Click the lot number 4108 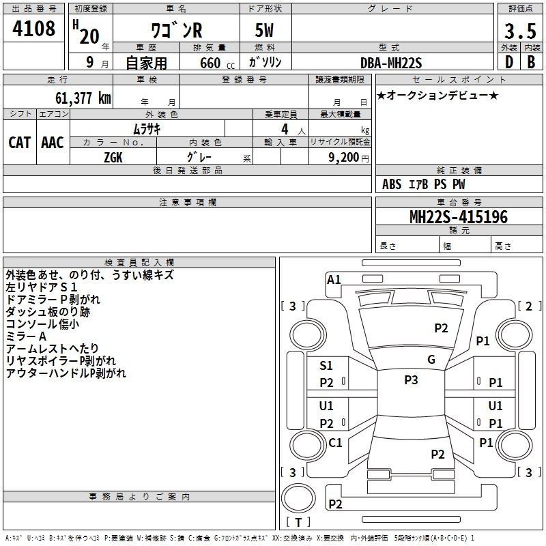(x=33, y=28)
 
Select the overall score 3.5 (x=520, y=31)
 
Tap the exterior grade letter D (x=509, y=62)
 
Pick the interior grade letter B (x=531, y=62)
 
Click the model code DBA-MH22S (x=391, y=63)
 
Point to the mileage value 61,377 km (x=83, y=98)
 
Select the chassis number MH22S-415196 (x=459, y=217)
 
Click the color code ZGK (x=113, y=158)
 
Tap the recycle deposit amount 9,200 (x=343, y=158)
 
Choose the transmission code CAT (x=20, y=143)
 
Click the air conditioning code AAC (x=53, y=143)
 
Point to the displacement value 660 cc (x=217, y=63)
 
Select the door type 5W (x=264, y=30)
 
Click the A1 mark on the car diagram (x=334, y=280)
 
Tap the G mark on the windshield (x=431, y=360)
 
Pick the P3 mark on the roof (x=411, y=380)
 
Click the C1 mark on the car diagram (x=335, y=442)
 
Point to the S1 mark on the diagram (x=326, y=366)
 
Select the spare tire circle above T (x=298, y=498)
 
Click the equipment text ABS (x=392, y=184)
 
